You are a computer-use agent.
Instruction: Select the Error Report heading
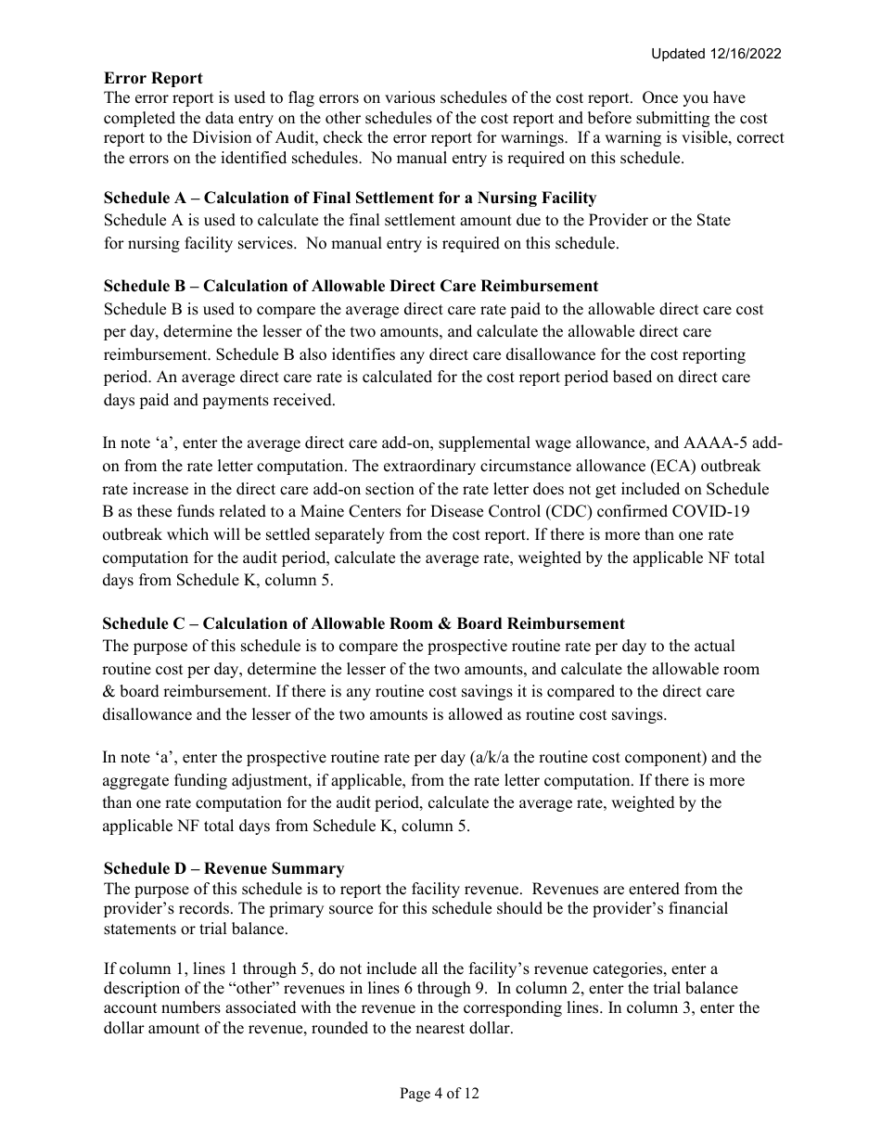coord(153,78)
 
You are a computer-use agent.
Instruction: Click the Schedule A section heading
coord(350,198)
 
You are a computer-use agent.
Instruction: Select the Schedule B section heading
coord(351,286)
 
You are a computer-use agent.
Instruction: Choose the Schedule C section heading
coord(364,623)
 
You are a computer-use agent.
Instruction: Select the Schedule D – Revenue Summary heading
coord(223,868)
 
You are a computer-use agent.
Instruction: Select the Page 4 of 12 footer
coord(440,1094)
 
